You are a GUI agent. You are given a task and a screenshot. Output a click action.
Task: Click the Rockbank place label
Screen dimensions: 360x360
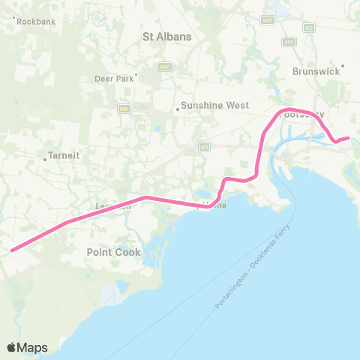(x=34, y=22)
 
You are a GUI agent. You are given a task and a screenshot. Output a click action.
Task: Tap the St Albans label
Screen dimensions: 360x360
(x=167, y=36)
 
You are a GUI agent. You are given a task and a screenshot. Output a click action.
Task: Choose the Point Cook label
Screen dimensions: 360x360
(x=113, y=252)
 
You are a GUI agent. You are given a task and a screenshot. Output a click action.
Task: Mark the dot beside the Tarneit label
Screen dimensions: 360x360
(x=45, y=158)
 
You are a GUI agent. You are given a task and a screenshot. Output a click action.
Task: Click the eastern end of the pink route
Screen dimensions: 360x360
(x=348, y=137)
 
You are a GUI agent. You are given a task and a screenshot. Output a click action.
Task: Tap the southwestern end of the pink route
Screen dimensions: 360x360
(x=11, y=250)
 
